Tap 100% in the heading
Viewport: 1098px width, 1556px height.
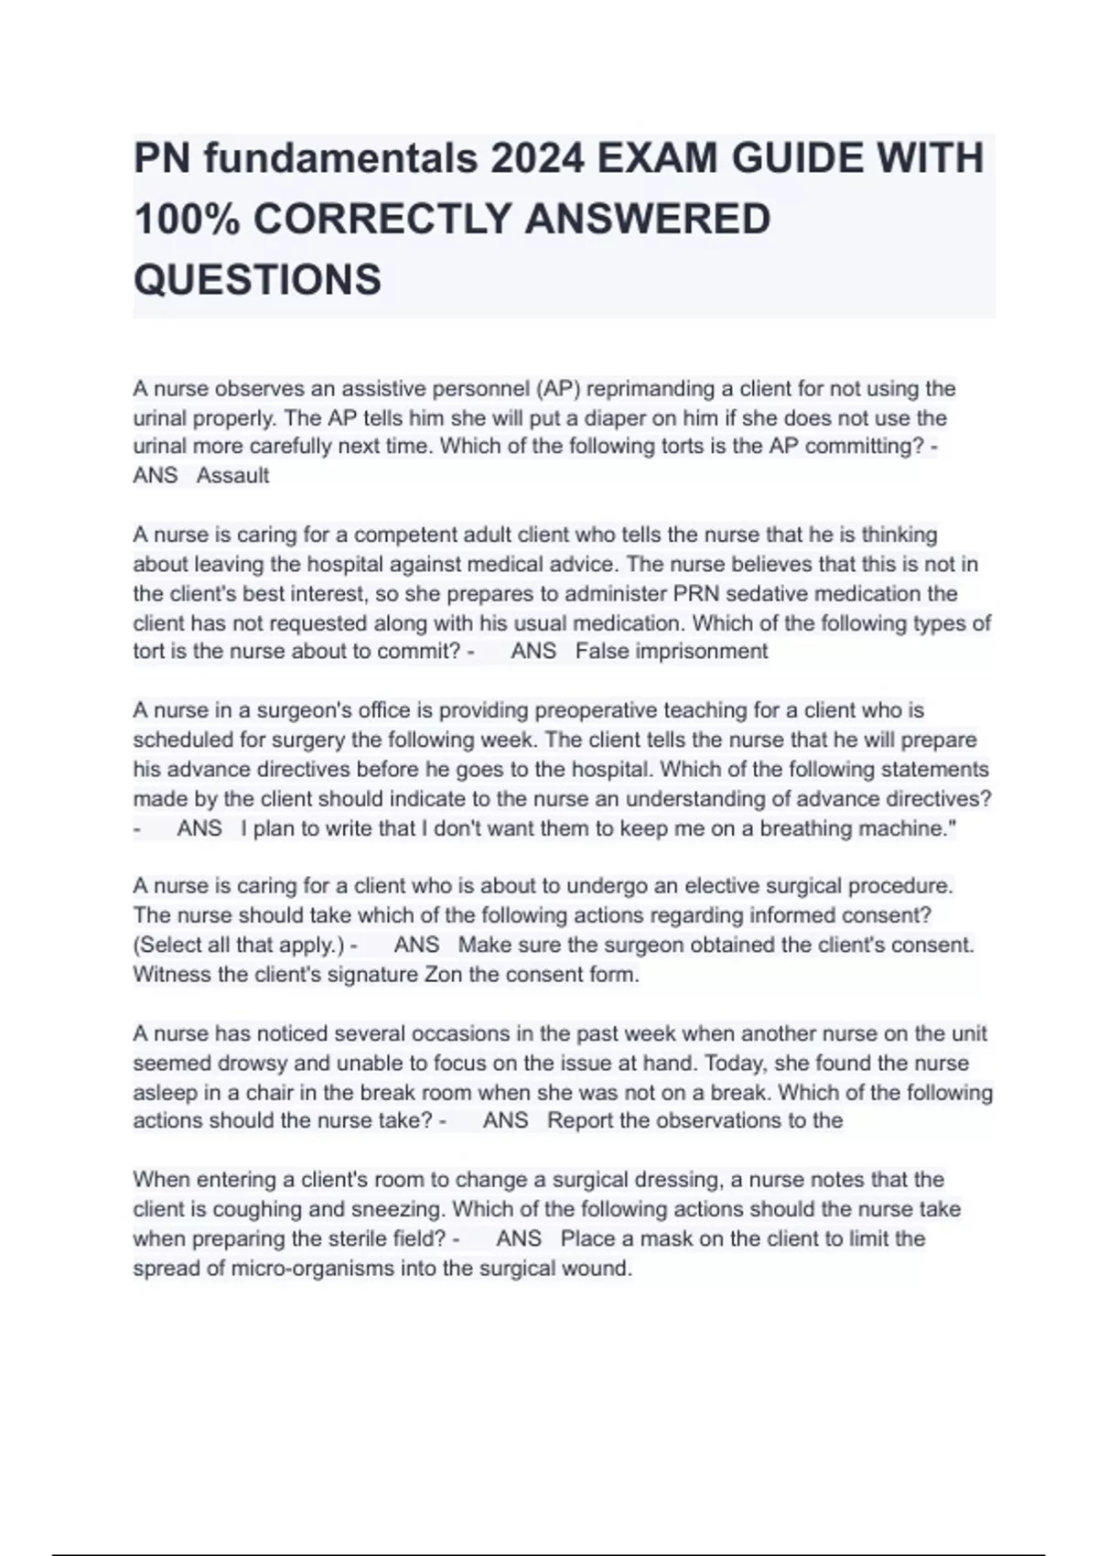pyautogui.click(x=187, y=220)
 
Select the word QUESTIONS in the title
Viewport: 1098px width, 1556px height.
pyautogui.click(x=257, y=279)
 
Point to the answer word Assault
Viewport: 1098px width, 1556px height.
pyautogui.click(x=232, y=476)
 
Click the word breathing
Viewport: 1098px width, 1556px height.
pyautogui.click(x=803, y=828)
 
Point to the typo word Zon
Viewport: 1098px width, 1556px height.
pyautogui.click(x=444, y=975)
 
